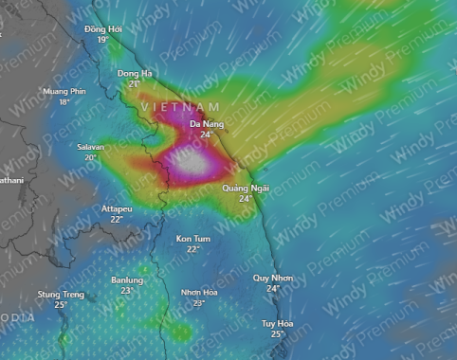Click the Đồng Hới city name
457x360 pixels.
coord(102,29)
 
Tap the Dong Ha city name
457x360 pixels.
coord(134,73)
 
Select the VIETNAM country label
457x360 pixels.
coord(180,107)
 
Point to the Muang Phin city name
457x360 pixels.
coord(64,91)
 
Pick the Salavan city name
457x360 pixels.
coord(91,147)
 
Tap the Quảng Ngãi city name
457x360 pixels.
coord(246,189)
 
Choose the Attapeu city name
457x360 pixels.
coord(117,208)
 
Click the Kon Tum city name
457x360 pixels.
coord(193,239)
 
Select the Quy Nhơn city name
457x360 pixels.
coord(273,278)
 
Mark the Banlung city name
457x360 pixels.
coord(127,280)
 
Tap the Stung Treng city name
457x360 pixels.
coord(61,295)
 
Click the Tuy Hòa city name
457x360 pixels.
coord(278,323)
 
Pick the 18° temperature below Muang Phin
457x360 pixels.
coord(64,101)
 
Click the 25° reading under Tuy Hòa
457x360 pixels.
coord(278,333)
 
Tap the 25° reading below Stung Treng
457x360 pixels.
coord(61,305)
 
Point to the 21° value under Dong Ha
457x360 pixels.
coord(134,83)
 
